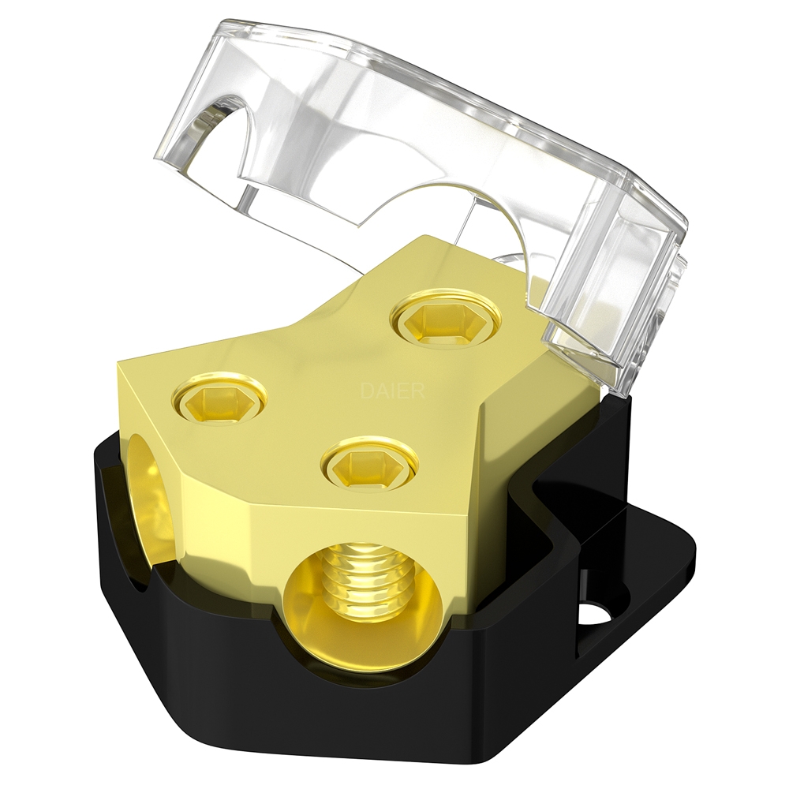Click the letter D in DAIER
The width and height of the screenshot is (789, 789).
(365, 390)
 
